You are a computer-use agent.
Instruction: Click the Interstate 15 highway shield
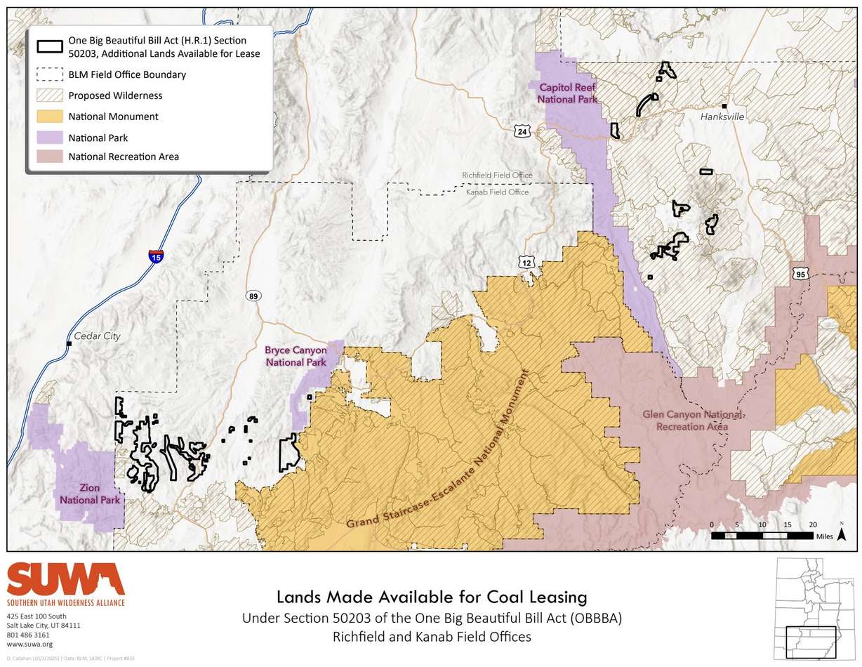click(156, 256)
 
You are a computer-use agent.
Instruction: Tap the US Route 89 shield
click(253, 296)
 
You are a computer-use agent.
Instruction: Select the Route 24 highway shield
click(522, 131)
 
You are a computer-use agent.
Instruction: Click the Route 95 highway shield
click(800, 274)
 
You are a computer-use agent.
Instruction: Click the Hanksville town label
click(722, 117)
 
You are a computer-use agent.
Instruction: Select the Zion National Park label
click(90, 494)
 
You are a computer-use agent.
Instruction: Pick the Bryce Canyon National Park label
click(295, 356)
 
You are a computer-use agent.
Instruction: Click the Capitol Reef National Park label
click(567, 93)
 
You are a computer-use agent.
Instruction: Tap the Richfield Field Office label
click(497, 175)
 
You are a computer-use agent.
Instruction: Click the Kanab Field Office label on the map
click(497, 192)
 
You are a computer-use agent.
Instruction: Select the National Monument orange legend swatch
click(47, 117)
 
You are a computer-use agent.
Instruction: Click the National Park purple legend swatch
click(47, 138)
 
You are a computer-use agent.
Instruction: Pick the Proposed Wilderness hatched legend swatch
click(47, 95)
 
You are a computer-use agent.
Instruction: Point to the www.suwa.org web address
click(29, 644)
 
